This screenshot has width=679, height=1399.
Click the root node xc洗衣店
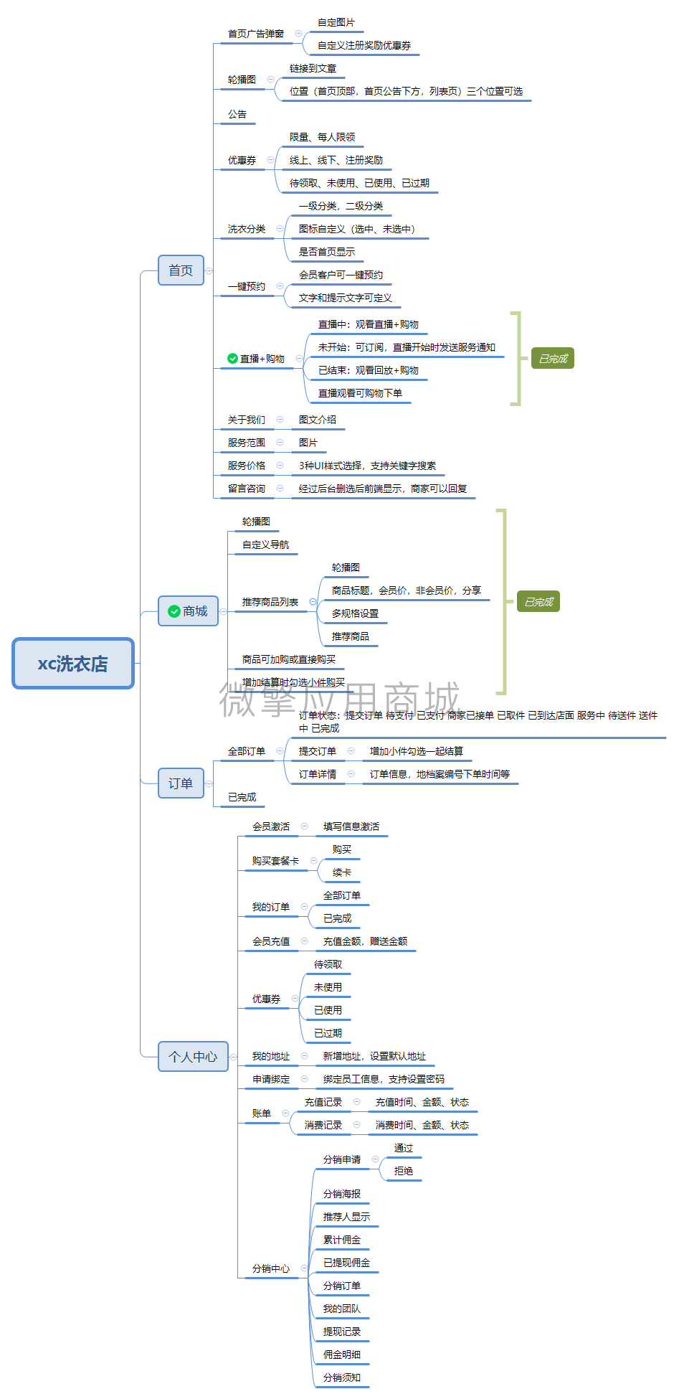[73, 664]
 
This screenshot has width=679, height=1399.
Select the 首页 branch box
[181, 270]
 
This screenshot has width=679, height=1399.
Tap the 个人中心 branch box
[193, 1056]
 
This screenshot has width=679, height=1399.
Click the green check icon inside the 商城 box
[174, 611]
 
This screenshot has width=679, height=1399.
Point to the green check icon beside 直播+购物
[232, 359]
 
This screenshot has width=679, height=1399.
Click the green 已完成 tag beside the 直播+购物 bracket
[552, 359]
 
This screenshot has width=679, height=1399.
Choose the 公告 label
[237, 114]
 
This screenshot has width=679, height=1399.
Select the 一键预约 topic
[246, 286]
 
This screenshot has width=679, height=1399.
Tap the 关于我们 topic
[246, 420]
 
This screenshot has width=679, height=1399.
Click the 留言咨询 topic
[246, 489]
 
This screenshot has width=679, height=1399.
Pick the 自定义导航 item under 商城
[265, 545]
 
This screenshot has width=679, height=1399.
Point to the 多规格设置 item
[355, 613]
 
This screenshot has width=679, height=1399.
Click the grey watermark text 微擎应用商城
[339, 699]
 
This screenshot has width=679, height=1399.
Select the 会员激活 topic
[271, 826]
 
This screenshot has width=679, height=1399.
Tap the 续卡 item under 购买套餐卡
[342, 872]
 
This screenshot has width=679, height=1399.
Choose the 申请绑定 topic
[271, 1079]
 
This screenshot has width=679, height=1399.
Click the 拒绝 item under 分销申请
[404, 1171]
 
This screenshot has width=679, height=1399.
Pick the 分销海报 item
[342, 1194]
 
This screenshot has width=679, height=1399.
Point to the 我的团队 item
[342, 1309]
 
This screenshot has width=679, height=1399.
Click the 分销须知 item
[342, 1377]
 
